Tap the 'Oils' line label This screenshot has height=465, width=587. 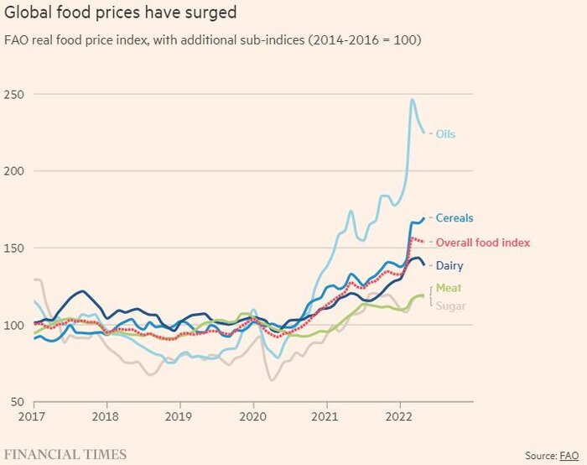point(445,133)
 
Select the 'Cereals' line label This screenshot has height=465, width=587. point(454,218)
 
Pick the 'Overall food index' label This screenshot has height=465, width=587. point(482,243)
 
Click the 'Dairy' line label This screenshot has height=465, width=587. point(449,266)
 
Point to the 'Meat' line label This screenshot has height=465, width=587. point(448,289)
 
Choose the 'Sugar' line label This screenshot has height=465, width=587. point(449,306)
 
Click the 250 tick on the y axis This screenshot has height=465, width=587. point(14,95)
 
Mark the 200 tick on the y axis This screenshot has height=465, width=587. point(14,171)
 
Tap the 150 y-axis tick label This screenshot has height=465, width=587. point(14,248)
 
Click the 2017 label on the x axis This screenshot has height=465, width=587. point(34,416)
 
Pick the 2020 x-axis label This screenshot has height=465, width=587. point(252,416)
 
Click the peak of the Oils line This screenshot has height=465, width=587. point(412,100)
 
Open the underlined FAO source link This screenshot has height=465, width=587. point(569,455)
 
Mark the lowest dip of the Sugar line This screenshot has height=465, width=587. point(273,380)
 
